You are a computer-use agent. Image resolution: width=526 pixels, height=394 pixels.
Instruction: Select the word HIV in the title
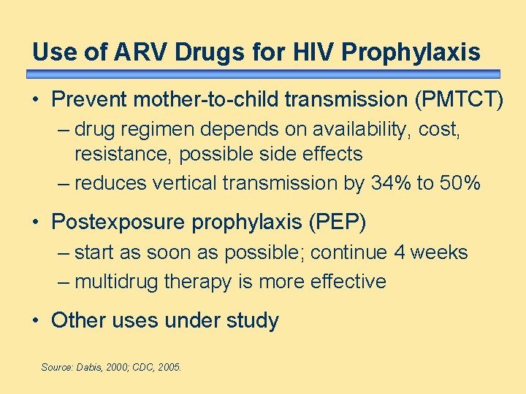[x=313, y=53]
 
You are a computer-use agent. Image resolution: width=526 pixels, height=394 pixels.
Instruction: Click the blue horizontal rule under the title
[x=263, y=74]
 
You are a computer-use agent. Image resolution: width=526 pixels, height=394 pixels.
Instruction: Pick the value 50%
[x=460, y=183]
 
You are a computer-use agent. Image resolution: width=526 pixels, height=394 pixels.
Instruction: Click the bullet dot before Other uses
[x=37, y=321]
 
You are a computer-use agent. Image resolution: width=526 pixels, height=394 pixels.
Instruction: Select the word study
[x=253, y=321]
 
